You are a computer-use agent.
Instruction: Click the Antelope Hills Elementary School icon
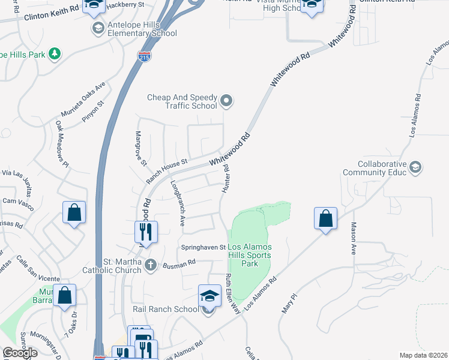point(97,28)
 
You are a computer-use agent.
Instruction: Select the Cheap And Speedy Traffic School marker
point(226,102)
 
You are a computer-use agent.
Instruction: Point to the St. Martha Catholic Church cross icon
point(150,265)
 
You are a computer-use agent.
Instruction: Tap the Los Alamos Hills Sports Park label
point(249,255)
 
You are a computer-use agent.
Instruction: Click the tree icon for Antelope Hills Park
point(55,54)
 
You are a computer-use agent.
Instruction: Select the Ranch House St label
point(167,171)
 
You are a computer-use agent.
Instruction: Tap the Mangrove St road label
point(141,148)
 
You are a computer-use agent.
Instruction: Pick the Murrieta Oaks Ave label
point(82,100)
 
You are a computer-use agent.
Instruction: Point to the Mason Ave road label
point(354,239)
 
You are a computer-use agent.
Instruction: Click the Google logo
point(20,353)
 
